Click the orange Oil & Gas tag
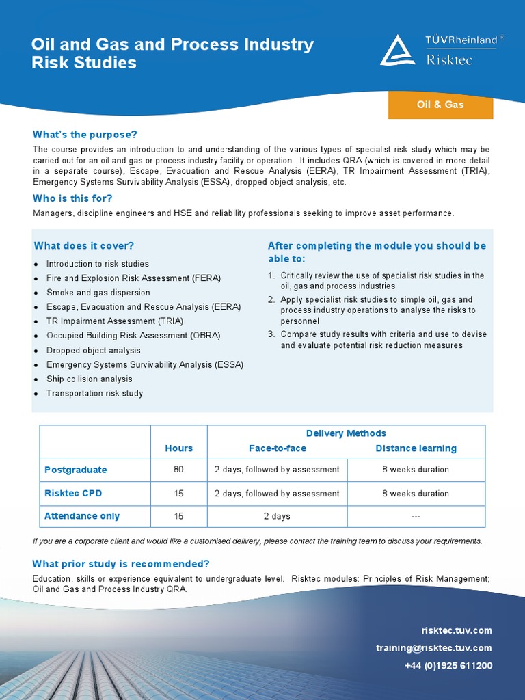point(440,105)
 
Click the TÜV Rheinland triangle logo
point(397,51)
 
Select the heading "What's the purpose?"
point(85,135)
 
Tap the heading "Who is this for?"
point(72,198)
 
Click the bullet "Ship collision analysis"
point(89,379)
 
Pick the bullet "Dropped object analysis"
point(93,350)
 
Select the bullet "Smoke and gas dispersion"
point(98,293)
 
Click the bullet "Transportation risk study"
point(94,393)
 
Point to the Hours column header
point(178,448)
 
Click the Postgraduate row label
point(76,470)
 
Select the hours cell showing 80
point(178,470)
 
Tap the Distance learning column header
point(416,448)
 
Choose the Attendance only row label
point(82,516)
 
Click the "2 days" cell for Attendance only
point(277,516)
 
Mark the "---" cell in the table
point(416,516)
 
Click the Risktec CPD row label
point(73,493)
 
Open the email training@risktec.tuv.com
point(433,648)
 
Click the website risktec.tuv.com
point(457,630)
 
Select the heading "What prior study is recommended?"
point(121,564)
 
